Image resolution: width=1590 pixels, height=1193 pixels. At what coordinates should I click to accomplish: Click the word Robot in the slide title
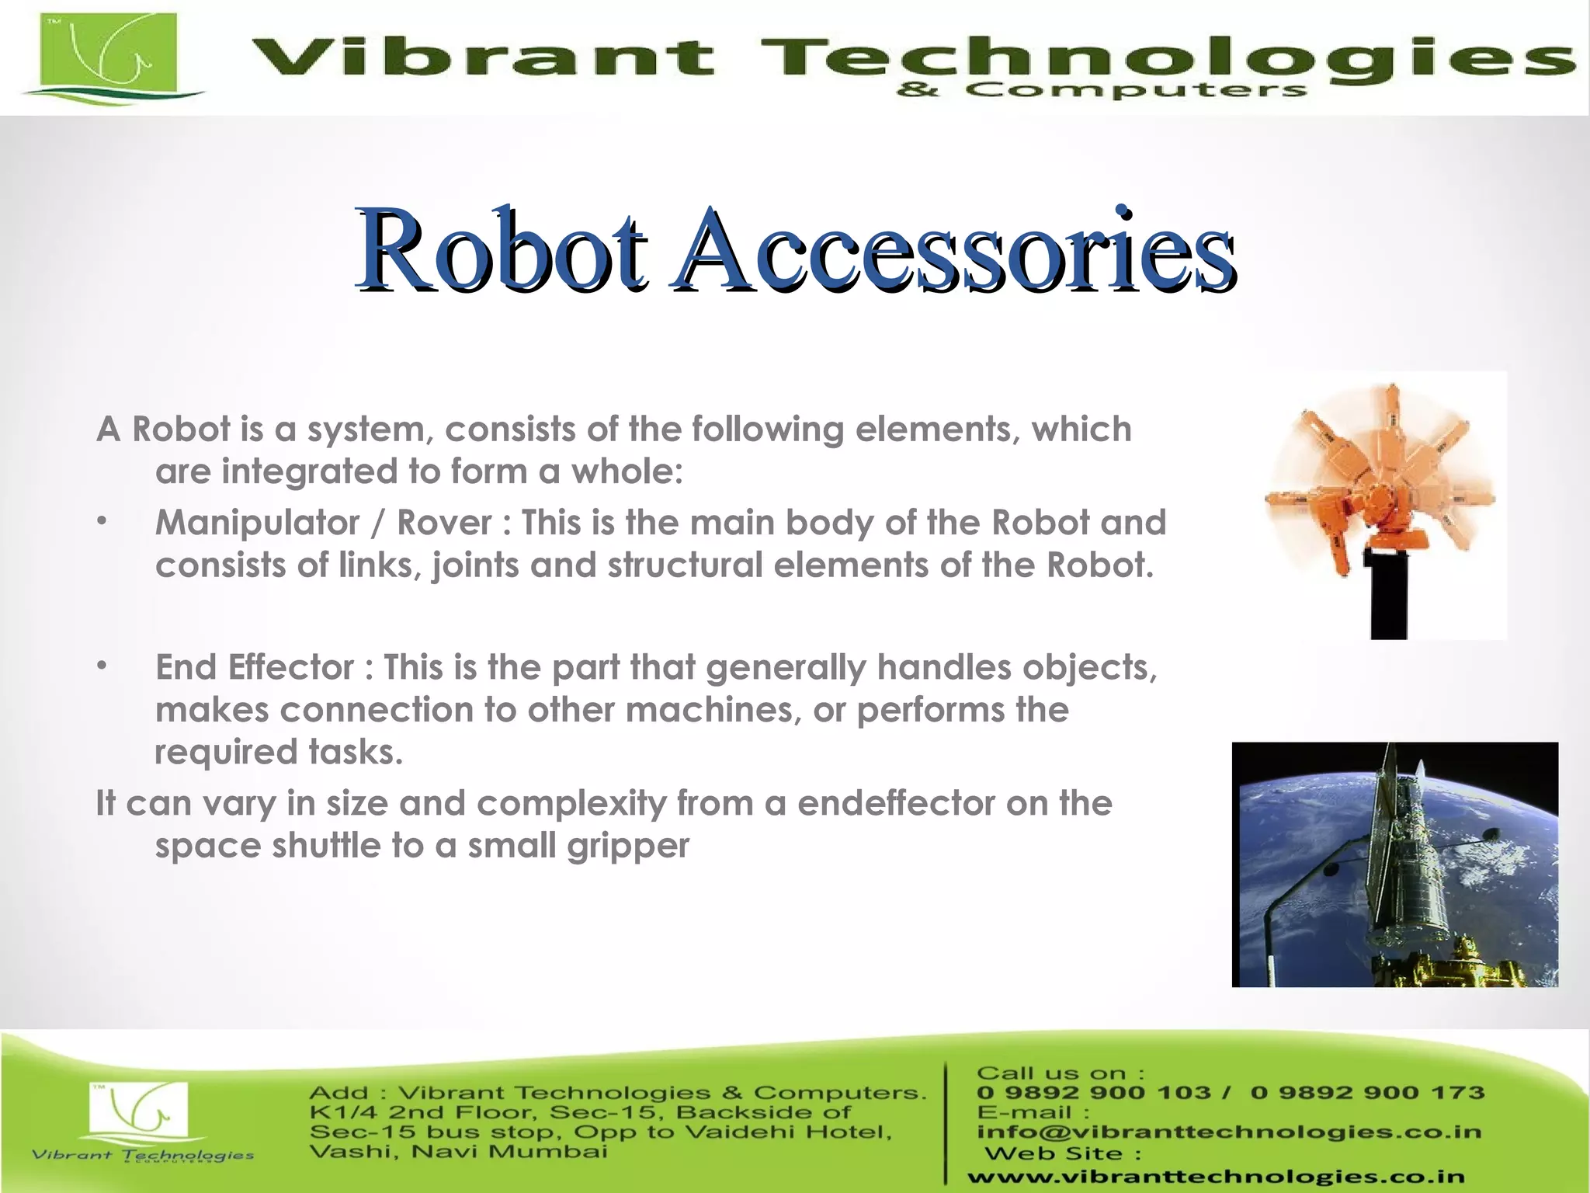click(x=501, y=250)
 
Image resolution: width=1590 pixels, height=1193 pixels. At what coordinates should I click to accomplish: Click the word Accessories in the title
click(x=955, y=250)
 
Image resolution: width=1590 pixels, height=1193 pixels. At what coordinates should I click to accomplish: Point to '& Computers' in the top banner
click(x=1102, y=92)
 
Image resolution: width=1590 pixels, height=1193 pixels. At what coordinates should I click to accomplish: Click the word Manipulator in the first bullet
click(x=257, y=523)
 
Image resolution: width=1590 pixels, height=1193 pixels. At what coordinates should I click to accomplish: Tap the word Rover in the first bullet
click(x=444, y=523)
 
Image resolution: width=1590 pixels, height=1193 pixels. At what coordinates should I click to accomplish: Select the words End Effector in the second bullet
click(x=254, y=668)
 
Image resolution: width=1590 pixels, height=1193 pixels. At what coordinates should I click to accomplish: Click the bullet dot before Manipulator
click(x=102, y=521)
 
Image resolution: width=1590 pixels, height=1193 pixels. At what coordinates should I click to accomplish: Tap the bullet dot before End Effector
click(x=102, y=666)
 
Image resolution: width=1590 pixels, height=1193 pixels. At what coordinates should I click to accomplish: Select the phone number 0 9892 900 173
click(x=1367, y=1093)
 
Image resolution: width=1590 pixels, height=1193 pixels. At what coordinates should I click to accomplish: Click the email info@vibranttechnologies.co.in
click(x=1228, y=1132)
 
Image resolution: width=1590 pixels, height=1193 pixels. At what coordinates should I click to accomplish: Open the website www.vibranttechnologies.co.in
click(x=1216, y=1177)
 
